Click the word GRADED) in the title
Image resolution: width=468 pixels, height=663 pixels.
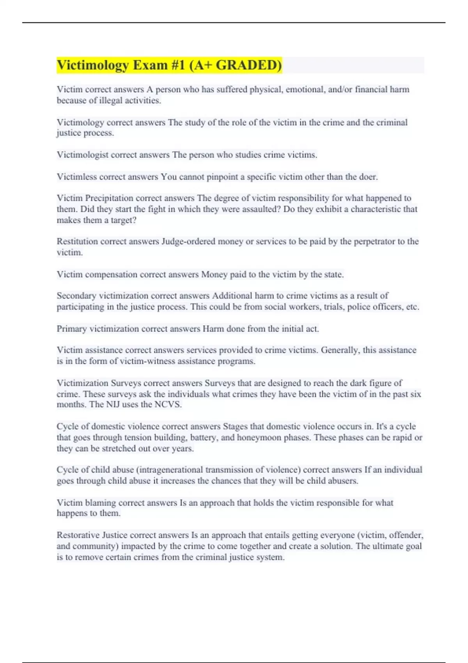coord(249,65)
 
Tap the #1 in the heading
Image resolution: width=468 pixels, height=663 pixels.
coord(178,65)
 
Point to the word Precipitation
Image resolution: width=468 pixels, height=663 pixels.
coord(109,198)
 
